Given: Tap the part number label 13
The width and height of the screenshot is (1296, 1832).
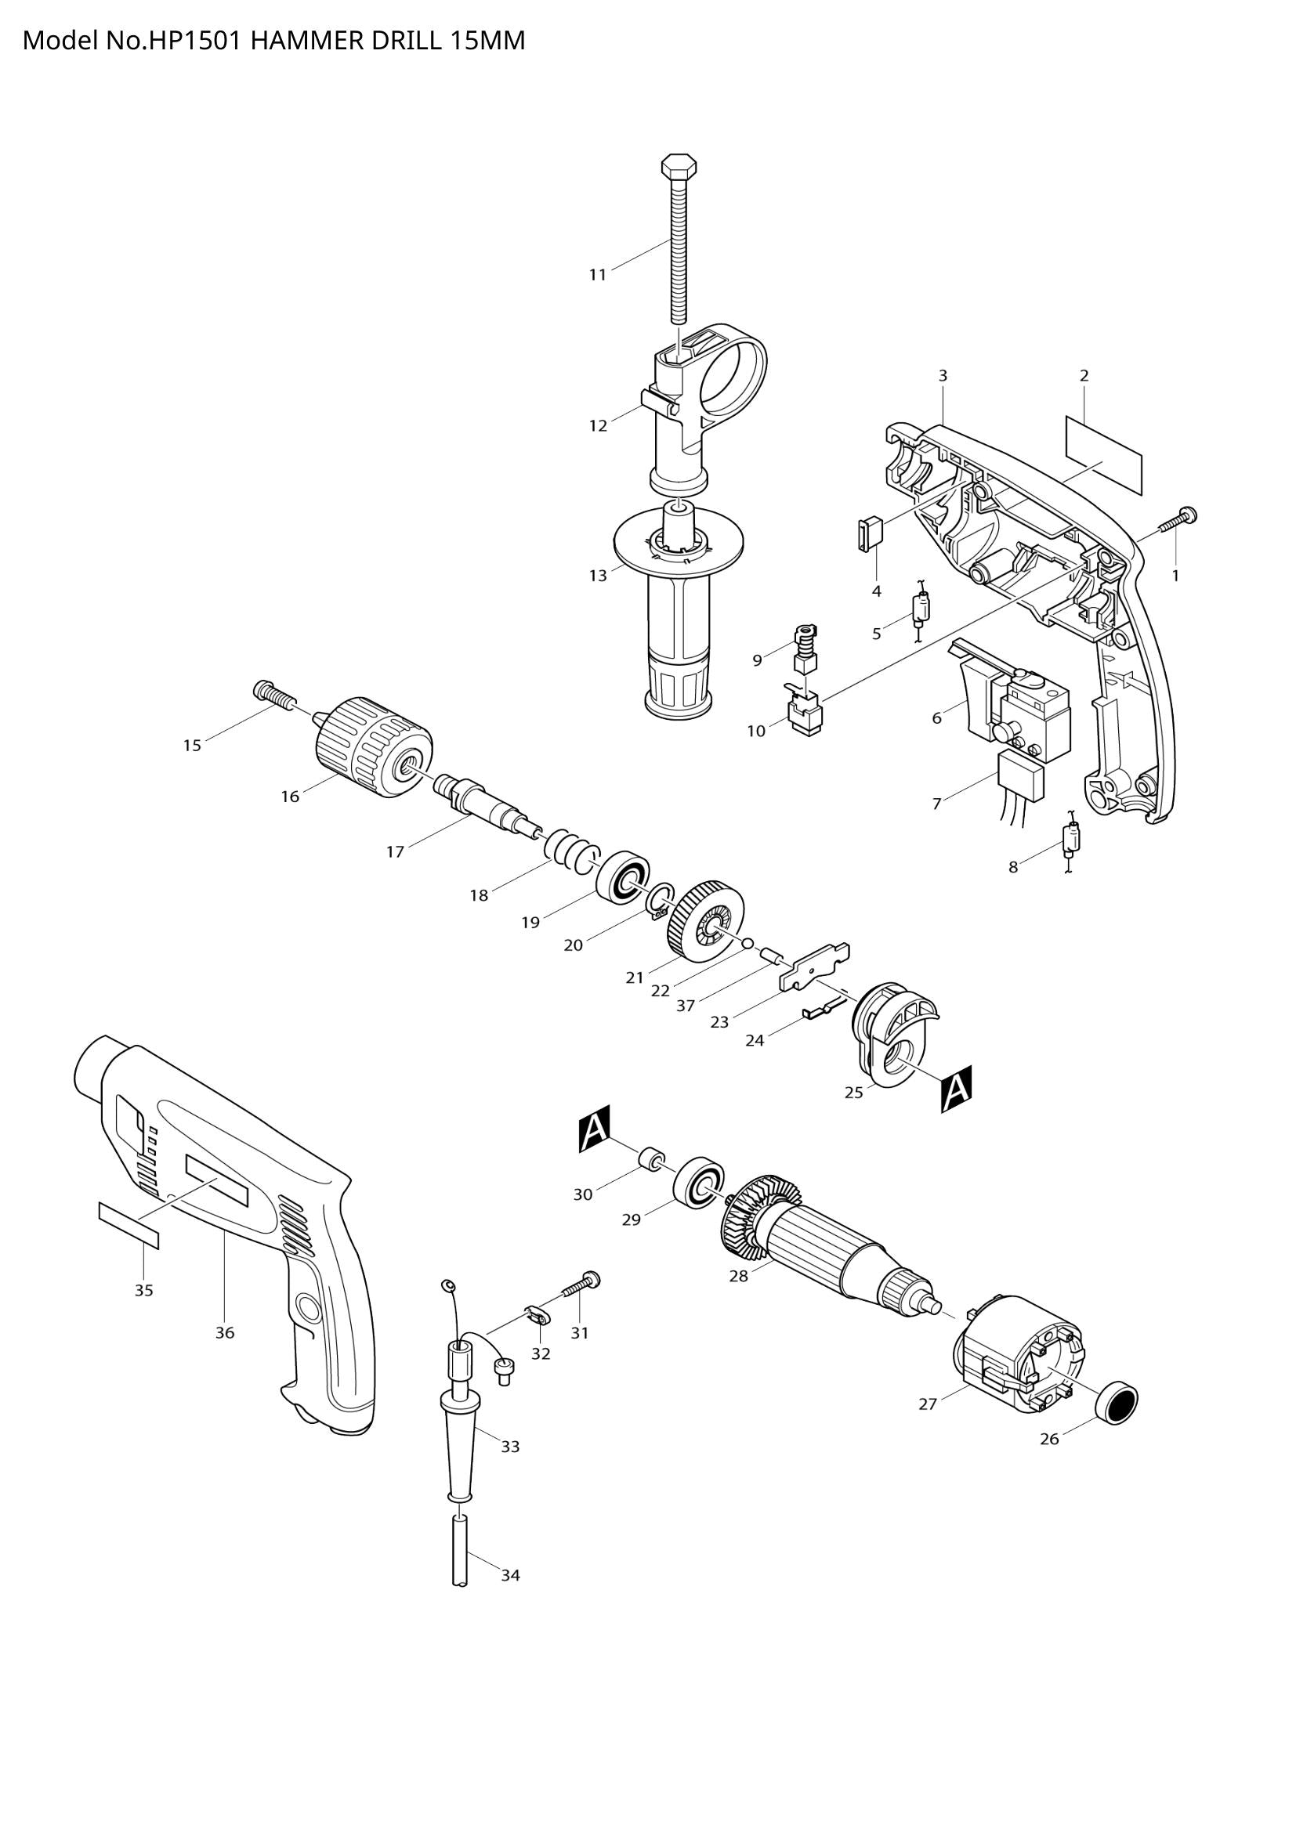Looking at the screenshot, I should [598, 576].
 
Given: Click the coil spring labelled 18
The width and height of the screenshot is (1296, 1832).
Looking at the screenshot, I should [569, 850].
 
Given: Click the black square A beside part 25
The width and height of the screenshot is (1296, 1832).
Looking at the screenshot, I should [956, 1089].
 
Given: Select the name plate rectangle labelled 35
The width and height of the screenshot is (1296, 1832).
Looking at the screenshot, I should [129, 1236].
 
